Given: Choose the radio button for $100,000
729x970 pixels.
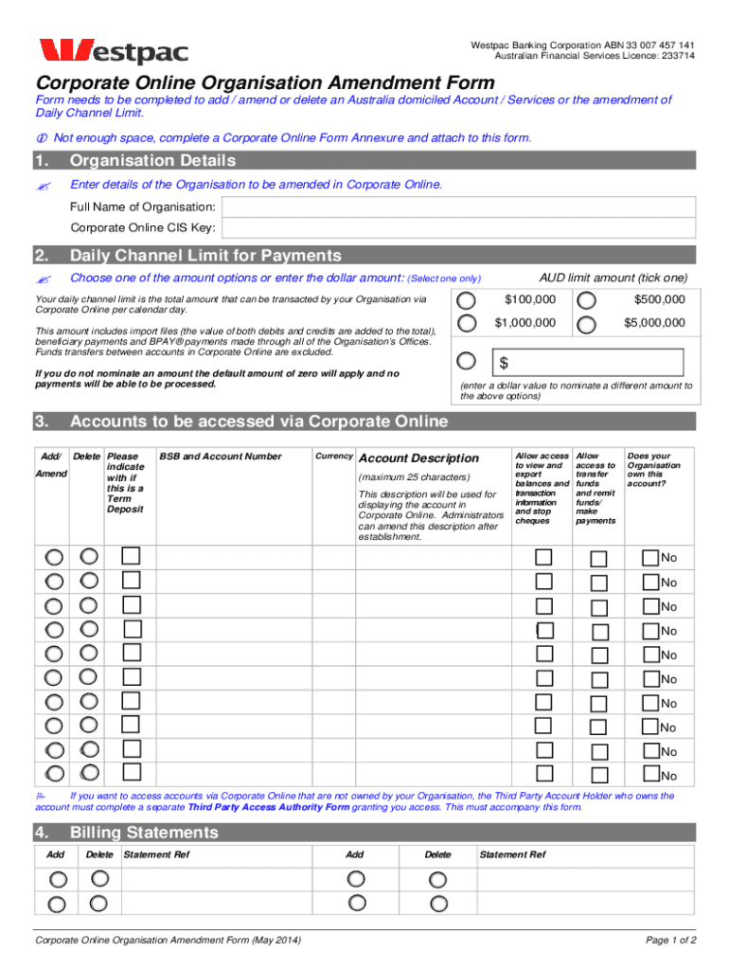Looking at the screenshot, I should pyautogui.click(x=467, y=300).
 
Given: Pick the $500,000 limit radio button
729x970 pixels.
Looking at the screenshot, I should pyautogui.click(x=587, y=300).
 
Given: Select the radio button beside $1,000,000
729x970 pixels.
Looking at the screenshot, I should pyautogui.click(x=467, y=324).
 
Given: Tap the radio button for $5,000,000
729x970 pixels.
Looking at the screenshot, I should pyautogui.click(x=587, y=324).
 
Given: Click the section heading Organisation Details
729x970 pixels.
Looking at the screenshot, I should pyautogui.click(x=152, y=161).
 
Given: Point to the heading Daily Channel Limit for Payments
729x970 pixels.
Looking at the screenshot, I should pyautogui.click(x=205, y=256).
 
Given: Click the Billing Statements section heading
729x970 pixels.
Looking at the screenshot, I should pyautogui.click(x=144, y=833).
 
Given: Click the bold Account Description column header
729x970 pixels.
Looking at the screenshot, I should pyautogui.click(x=418, y=458).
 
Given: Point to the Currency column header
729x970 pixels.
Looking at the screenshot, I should pyautogui.click(x=333, y=457).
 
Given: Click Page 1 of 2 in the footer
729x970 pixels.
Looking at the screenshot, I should pyautogui.click(x=670, y=941).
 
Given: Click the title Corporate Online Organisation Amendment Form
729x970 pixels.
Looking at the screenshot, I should pyautogui.click(x=265, y=83).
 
